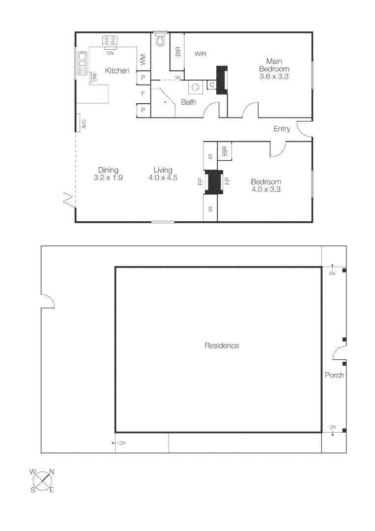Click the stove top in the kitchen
tap(110, 40)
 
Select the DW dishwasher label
tap(94, 77)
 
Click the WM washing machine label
tap(143, 60)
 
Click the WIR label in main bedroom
tap(201, 54)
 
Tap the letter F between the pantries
tap(143, 93)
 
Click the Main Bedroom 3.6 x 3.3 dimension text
tap(274, 69)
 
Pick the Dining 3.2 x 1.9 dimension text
tap(108, 174)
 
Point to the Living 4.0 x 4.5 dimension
tap(163, 174)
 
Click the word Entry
tap(282, 129)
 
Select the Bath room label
tap(188, 102)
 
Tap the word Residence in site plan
tap(222, 346)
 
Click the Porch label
tap(334, 375)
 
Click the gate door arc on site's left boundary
tap(47, 301)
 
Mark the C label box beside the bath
tap(212, 85)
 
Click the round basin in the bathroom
tap(196, 88)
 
